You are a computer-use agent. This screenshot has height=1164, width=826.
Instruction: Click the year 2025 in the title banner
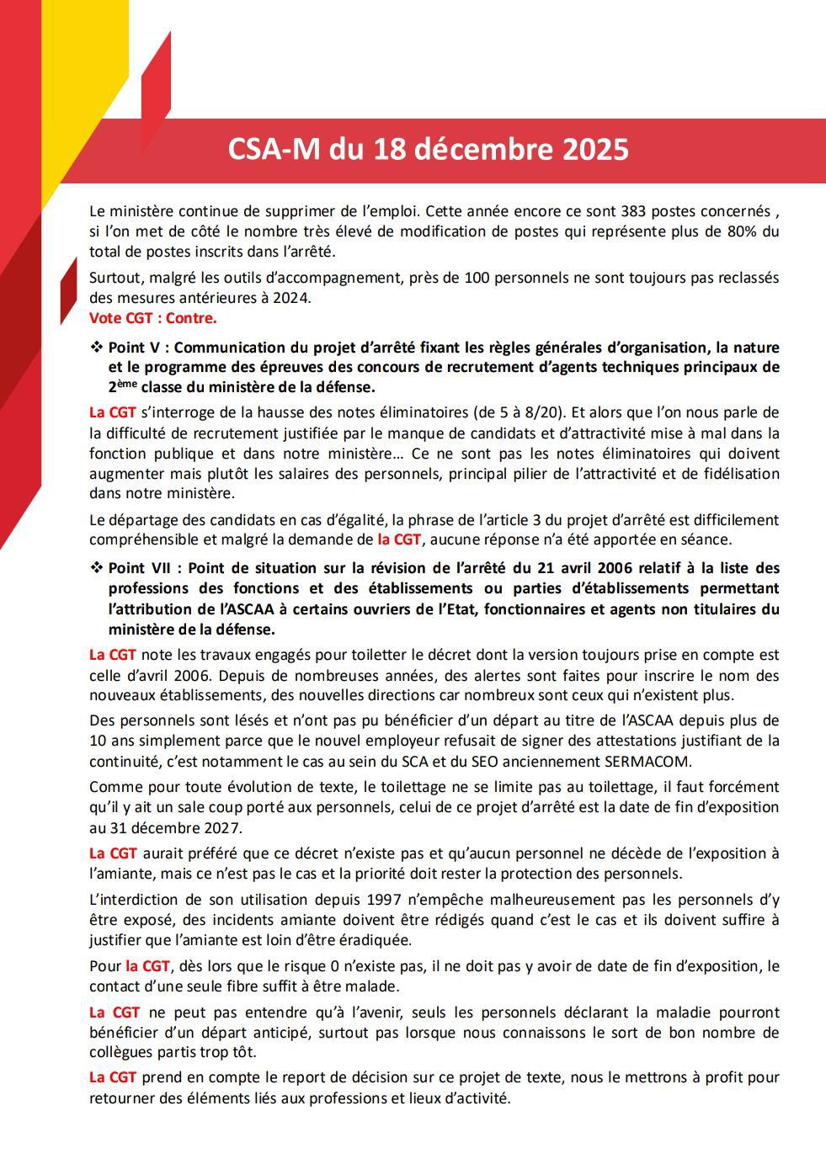[595, 149]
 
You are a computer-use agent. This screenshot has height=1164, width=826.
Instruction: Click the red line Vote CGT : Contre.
[153, 318]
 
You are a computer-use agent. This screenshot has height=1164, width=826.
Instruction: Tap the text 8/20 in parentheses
[545, 412]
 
